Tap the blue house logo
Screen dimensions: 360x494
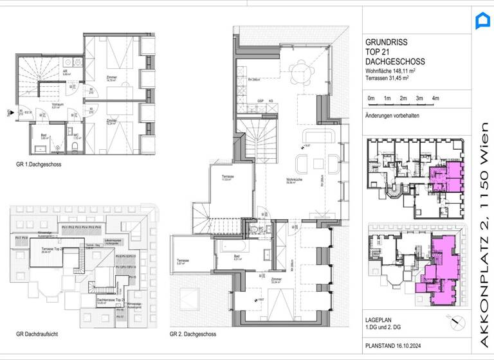481,21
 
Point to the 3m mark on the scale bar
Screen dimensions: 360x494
419,98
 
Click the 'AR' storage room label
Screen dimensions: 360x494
66,72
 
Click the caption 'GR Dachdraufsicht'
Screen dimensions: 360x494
38,335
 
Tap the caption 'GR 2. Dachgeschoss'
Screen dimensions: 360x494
193,335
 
